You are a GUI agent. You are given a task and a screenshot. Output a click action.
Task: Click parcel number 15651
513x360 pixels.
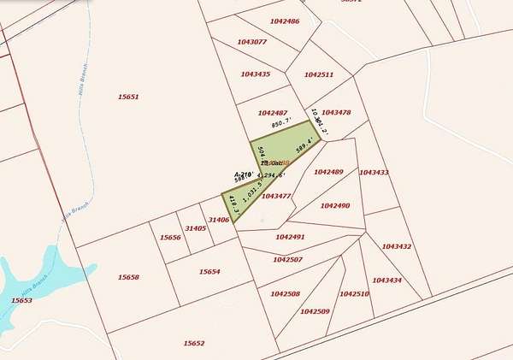pos(128,97)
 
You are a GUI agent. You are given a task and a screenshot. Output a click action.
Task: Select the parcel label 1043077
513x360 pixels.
pos(252,41)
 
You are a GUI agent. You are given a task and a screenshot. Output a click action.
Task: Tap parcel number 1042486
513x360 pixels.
pos(285,21)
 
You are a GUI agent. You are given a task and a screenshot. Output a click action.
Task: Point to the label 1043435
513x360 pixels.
pos(256,74)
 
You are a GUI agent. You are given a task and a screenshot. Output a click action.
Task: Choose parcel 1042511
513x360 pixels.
pos(318,74)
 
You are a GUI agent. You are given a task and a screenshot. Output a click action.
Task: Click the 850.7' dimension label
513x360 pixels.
pos(282,124)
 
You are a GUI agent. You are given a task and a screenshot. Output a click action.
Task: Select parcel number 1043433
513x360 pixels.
pos(374,173)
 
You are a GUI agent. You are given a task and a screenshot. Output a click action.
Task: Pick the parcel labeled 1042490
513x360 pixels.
pos(335,205)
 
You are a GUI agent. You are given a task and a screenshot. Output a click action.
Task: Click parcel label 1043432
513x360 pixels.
pos(397,246)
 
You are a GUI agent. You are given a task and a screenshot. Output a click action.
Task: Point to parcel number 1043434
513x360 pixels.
pos(386,280)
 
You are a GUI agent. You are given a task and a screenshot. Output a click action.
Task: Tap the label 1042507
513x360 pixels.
pos(287,258)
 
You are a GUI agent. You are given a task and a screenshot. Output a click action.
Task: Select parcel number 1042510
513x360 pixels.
pos(354,293)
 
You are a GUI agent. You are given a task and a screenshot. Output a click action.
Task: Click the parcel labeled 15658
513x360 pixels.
pos(128,277)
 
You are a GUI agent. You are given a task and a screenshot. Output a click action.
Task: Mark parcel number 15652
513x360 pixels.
pos(194,343)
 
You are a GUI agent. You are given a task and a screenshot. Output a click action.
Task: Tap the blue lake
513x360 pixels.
pos(17,282)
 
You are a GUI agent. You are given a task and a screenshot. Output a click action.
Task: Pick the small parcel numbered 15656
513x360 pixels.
pos(170,237)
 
